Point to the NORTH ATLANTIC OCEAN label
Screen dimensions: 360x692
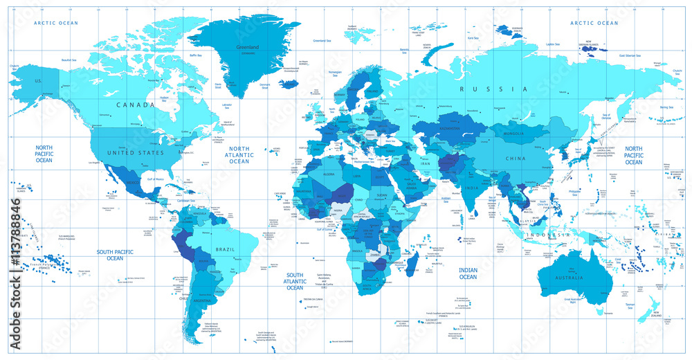(239, 155)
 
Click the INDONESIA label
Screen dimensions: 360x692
(547, 235)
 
